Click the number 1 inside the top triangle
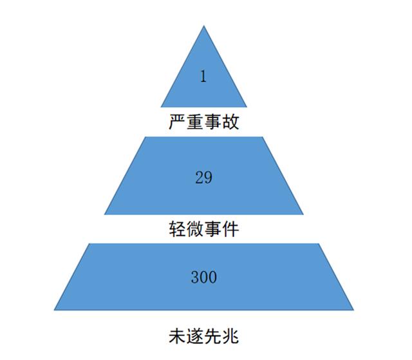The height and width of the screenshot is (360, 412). [203, 76]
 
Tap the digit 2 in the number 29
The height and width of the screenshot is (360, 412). [199, 177]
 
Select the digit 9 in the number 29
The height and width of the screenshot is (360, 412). [208, 177]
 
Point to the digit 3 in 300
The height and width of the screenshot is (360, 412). [194, 277]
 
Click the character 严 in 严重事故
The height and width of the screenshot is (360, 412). [177, 122]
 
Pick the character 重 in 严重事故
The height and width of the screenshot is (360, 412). [194, 122]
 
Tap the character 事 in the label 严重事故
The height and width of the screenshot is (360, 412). [212, 122]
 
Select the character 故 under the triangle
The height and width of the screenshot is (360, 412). [230, 122]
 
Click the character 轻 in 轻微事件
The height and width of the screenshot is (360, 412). [177, 229]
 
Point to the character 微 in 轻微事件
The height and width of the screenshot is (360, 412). [194, 229]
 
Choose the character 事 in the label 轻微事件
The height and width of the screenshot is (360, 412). [212, 229]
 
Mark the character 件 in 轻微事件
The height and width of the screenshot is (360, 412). [230, 229]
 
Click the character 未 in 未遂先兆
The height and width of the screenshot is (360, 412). [177, 336]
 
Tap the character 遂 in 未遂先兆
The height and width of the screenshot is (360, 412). [194, 336]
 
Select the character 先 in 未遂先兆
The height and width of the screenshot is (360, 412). [212, 336]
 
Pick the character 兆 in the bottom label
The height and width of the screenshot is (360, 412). [230, 336]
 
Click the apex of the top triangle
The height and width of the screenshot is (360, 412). [204, 26]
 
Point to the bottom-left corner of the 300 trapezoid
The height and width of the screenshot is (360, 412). [54, 310]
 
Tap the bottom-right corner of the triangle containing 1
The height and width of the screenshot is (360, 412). [247, 107]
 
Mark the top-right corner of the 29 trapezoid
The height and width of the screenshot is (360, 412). [262, 137]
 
